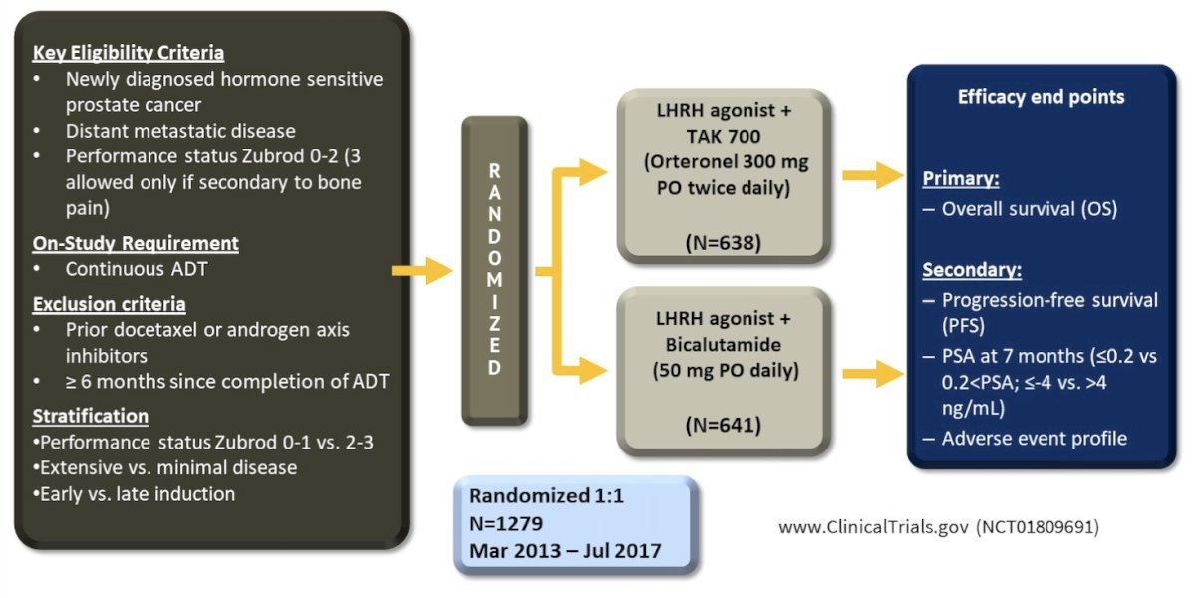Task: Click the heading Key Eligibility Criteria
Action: (x=129, y=52)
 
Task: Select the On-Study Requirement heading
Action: (x=136, y=243)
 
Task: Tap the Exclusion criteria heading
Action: (x=109, y=304)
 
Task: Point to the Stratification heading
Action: (x=91, y=416)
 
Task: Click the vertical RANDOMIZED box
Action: (x=495, y=270)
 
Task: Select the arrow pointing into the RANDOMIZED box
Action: (x=423, y=271)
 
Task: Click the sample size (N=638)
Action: (x=723, y=243)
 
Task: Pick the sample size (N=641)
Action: (x=723, y=425)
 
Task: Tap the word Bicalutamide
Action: (x=723, y=345)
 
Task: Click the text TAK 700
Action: (x=723, y=137)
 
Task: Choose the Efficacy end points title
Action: (x=1041, y=97)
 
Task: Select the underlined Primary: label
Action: (x=961, y=178)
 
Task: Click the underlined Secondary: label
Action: (x=972, y=270)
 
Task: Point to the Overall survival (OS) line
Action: (x=1020, y=209)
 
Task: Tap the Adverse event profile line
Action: (x=1025, y=439)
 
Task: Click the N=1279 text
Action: (x=506, y=523)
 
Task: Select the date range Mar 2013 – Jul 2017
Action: (x=565, y=551)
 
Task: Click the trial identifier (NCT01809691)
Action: (x=1038, y=527)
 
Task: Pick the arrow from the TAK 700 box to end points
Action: (x=873, y=175)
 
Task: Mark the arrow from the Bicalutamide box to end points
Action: (x=873, y=373)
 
